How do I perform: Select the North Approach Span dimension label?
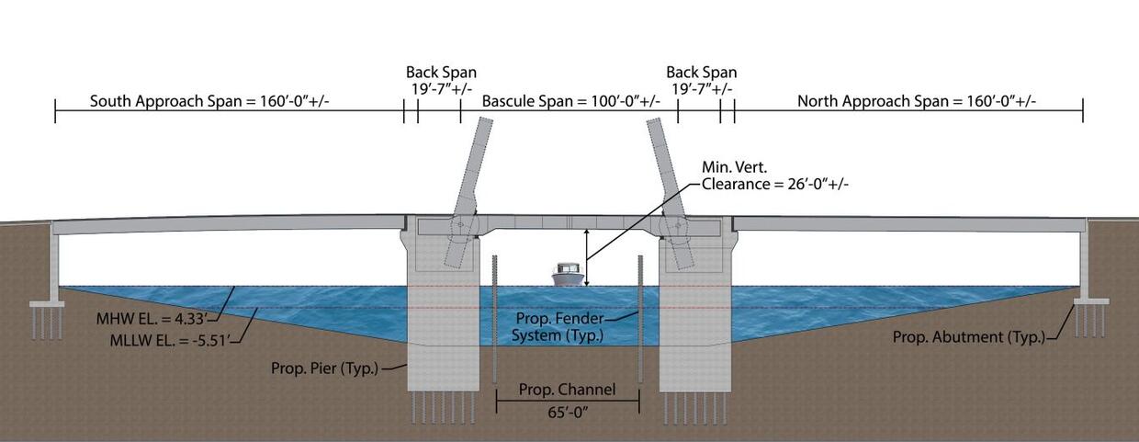pos(916,101)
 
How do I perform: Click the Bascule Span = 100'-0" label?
pos(570,101)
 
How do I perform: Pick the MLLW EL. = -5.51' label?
pos(174,340)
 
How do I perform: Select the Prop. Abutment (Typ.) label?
pos(969,337)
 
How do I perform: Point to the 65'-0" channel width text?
pos(569,411)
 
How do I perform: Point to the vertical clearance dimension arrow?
pos(587,259)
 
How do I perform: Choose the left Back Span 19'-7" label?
pos(441,80)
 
